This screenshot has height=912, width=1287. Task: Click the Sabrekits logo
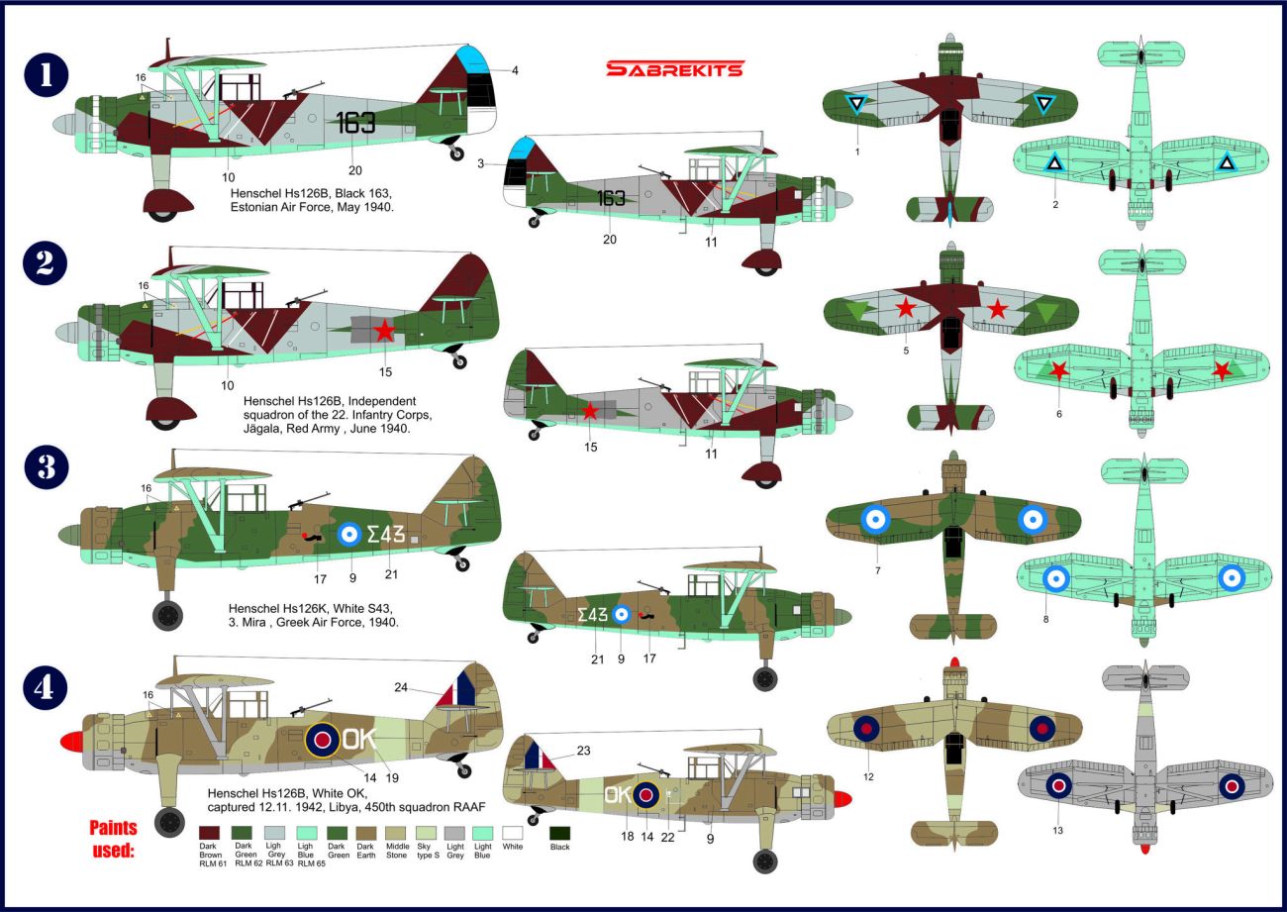[x=675, y=69]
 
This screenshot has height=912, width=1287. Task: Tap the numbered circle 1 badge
[x=47, y=75]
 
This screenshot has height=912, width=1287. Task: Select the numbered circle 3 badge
[x=47, y=467]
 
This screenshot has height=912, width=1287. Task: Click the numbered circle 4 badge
[x=46, y=687]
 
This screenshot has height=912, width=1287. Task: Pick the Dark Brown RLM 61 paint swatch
[x=209, y=833]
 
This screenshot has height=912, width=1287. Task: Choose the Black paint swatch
[x=559, y=833]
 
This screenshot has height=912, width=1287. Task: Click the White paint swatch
[x=513, y=833]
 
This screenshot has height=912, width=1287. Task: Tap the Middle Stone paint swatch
[x=396, y=833]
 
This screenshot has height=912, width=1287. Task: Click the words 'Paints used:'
[x=113, y=839]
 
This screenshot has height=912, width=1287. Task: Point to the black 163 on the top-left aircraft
[x=355, y=123]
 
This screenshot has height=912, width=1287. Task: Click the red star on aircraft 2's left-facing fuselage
[x=384, y=331]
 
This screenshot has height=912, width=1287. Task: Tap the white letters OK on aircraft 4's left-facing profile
[x=359, y=740]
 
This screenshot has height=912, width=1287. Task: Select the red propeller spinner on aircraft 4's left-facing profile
[x=71, y=742]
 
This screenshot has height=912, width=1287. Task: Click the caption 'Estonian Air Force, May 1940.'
[x=312, y=207]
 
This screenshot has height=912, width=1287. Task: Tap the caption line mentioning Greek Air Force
[x=313, y=623]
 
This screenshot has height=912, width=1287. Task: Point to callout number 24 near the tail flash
[x=401, y=687]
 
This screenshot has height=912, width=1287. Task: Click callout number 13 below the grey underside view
[x=1057, y=831]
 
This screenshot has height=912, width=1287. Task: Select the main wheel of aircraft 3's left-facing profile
[x=167, y=615]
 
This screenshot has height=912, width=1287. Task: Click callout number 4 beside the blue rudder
[x=515, y=70]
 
